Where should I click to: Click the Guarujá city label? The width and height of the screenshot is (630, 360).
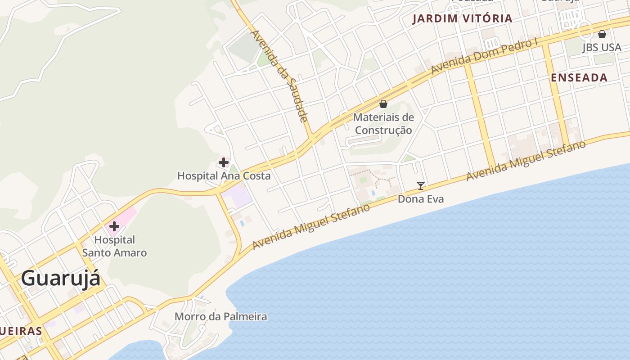click(x=61, y=278)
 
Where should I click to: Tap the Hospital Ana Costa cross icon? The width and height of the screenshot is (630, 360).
click(x=224, y=162)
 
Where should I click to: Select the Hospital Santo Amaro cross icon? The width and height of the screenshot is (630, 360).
click(x=114, y=226)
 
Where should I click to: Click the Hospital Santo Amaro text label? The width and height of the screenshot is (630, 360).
click(x=114, y=246)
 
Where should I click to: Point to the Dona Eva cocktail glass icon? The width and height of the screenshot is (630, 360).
click(x=421, y=185)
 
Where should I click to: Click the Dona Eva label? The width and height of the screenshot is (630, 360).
click(x=421, y=199)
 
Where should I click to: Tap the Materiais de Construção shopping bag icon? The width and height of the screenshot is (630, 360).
click(x=383, y=104)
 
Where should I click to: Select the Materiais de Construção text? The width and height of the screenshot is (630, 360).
click(x=383, y=124)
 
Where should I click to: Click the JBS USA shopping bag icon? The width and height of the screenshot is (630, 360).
click(x=602, y=34)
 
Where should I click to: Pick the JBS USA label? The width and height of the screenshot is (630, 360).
click(x=602, y=47)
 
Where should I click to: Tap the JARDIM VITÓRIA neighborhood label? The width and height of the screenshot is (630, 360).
click(x=463, y=18)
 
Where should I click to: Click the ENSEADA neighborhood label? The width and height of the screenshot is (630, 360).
click(x=579, y=77)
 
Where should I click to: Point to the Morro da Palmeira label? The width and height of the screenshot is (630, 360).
click(x=220, y=316)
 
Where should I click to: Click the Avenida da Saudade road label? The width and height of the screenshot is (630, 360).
click(x=279, y=76)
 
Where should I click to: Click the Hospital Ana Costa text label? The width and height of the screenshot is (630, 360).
click(x=224, y=175)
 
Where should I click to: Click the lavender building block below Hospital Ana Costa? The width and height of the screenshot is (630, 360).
click(x=238, y=197)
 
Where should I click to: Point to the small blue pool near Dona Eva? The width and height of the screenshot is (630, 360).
click(x=373, y=193)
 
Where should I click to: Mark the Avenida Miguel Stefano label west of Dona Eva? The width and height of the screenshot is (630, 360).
click(x=311, y=226)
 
